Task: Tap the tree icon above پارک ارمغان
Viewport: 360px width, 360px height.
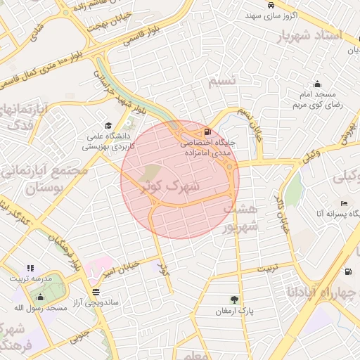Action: (234, 299)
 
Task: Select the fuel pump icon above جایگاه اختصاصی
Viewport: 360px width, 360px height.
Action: (207, 131)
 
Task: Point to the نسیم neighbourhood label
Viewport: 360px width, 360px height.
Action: (224, 82)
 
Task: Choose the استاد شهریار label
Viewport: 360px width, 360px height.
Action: (319, 36)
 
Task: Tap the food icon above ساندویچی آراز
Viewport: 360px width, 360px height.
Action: (96, 292)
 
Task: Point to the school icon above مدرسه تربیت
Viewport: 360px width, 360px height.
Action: (30, 268)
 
